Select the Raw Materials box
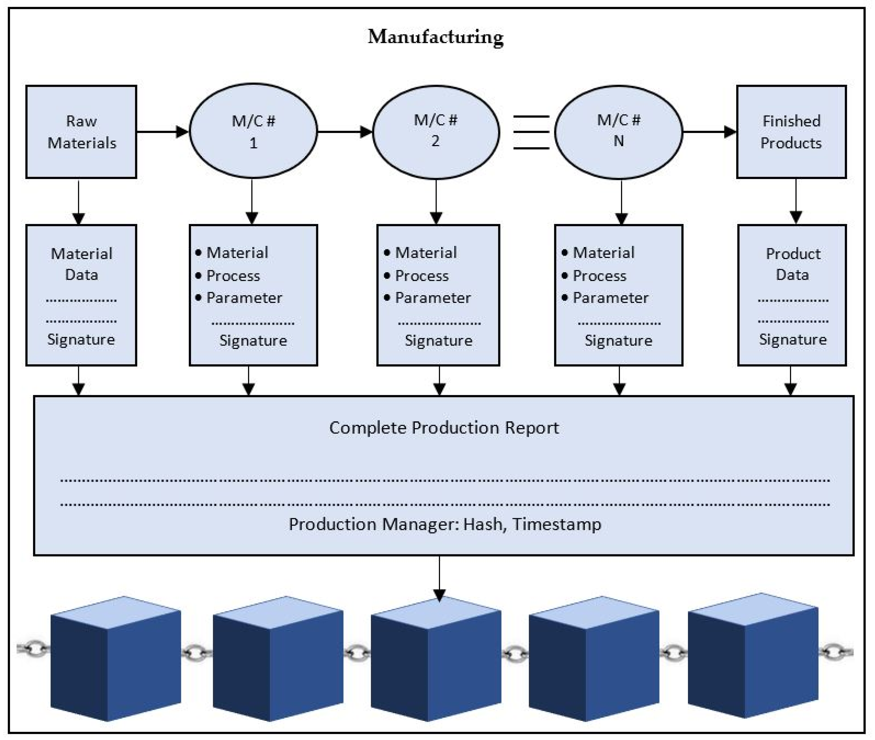[x=81, y=132]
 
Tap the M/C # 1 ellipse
[x=253, y=131]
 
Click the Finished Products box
[x=791, y=132]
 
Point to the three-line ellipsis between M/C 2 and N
[x=531, y=132]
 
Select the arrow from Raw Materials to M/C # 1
[x=163, y=132]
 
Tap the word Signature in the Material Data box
[x=81, y=339]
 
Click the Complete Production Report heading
[x=444, y=428]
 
